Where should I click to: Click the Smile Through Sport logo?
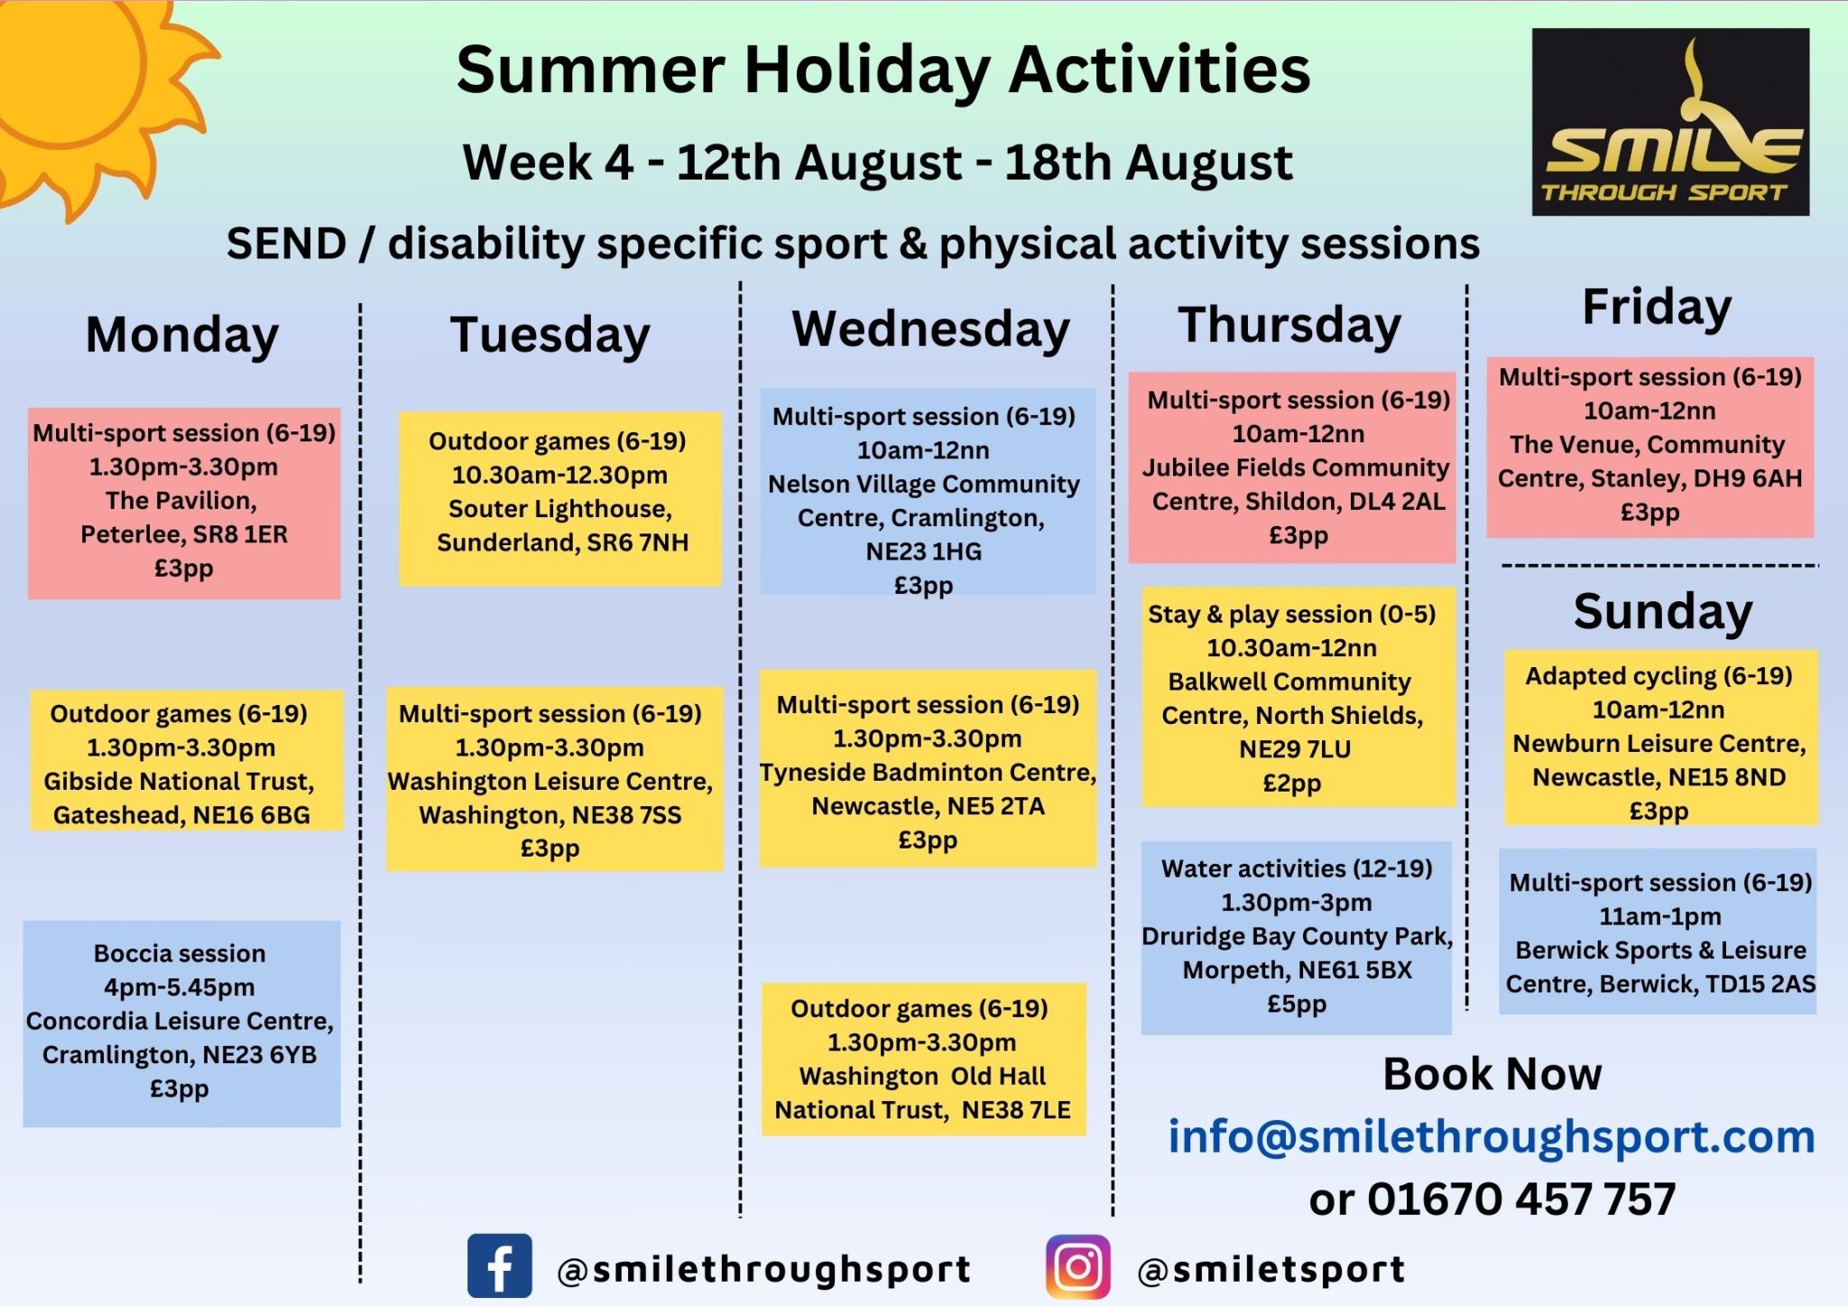click(x=1670, y=122)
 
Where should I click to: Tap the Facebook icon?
click(x=499, y=1265)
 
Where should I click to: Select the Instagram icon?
click(x=1078, y=1266)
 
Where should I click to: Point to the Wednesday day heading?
click(x=931, y=329)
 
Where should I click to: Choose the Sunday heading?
click(x=1663, y=612)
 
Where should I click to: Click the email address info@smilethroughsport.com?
click(x=1492, y=1136)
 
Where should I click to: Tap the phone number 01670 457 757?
click(x=1521, y=1200)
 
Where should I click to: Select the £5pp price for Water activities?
click(x=1297, y=1004)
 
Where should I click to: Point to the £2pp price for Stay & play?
click(x=1291, y=783)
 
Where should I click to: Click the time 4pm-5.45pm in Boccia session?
click(x=180, y=987)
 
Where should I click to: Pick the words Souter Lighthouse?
click(x=559, y=509)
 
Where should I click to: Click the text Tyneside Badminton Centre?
click(x=928, y=773)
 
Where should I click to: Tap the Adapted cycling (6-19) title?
click(x=1659, y=676)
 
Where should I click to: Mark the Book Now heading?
click(x=1492, y=1074)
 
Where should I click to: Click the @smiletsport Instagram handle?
click(x=1271, y=1270)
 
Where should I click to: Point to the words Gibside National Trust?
click(x=179, y=782)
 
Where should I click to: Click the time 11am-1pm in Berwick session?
click(x=1659, y=917)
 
